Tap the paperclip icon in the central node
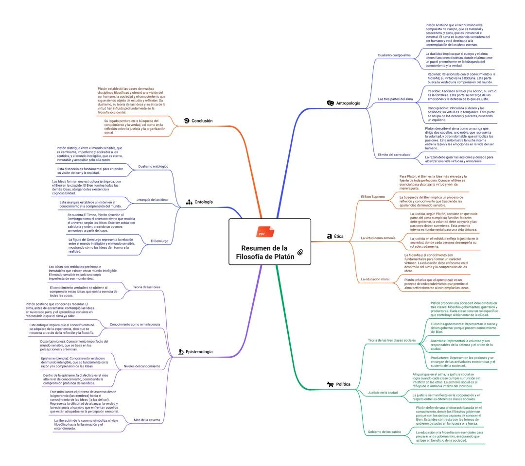[300, 252]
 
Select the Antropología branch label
[348, 103]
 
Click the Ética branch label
[339, 236]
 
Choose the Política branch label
[343, 384]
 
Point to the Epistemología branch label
[199, 351]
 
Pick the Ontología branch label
[203, 202]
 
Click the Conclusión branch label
[202, 121]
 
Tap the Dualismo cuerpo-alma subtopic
[394, 55]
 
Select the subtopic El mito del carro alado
[394, 155]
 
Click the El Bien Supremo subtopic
[373, 197]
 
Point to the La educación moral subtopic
[375, 279]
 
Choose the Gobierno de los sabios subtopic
[385, 432]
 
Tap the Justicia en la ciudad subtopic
[383, 392]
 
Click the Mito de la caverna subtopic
[147, 420]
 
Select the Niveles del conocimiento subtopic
[142, 366]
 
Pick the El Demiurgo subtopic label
[159, 241]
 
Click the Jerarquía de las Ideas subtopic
[153, 200]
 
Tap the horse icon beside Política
[330, 384]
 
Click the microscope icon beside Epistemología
[180, 351]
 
